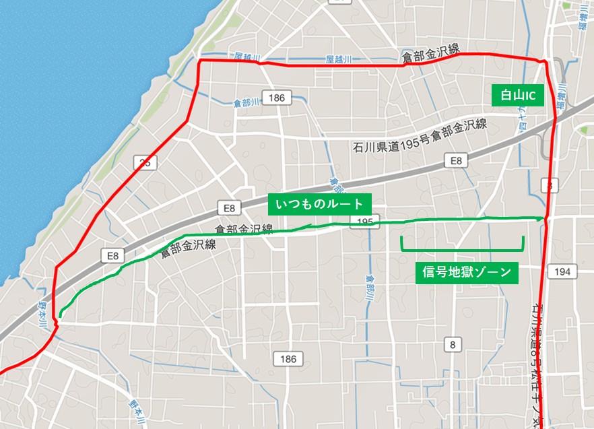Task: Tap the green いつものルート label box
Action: coord(320,203)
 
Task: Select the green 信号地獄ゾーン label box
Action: coord(467,273)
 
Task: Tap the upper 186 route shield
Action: coord(276,98)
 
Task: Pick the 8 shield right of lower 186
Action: coord(452,345)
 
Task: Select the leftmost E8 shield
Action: coord(112,255)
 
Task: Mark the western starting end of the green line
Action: coord(60,314)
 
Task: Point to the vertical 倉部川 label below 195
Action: coord(370,286)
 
